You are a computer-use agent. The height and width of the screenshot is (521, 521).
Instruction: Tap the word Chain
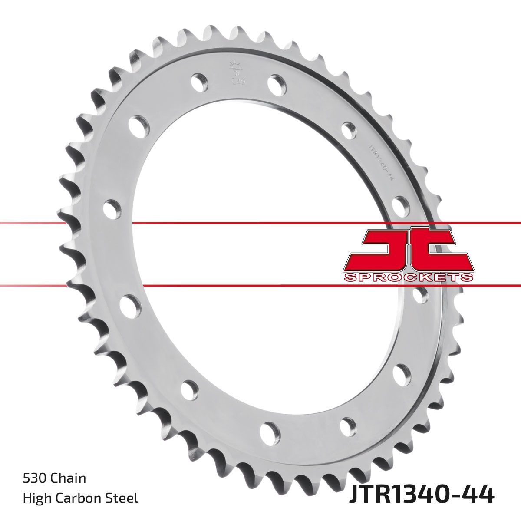tap(68, 478)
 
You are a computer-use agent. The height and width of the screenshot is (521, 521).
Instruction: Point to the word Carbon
tap(82, 498)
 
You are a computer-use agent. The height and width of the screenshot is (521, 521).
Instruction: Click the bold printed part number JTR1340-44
tap(421, 495)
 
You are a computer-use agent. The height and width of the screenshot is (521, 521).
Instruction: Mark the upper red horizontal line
tap(260, 223)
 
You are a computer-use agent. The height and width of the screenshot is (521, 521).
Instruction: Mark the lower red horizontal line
tap(260, 286)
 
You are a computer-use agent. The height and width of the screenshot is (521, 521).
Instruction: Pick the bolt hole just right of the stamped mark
tap(277, 84)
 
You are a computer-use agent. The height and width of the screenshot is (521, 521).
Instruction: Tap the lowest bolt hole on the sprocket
tap(270, 431)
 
